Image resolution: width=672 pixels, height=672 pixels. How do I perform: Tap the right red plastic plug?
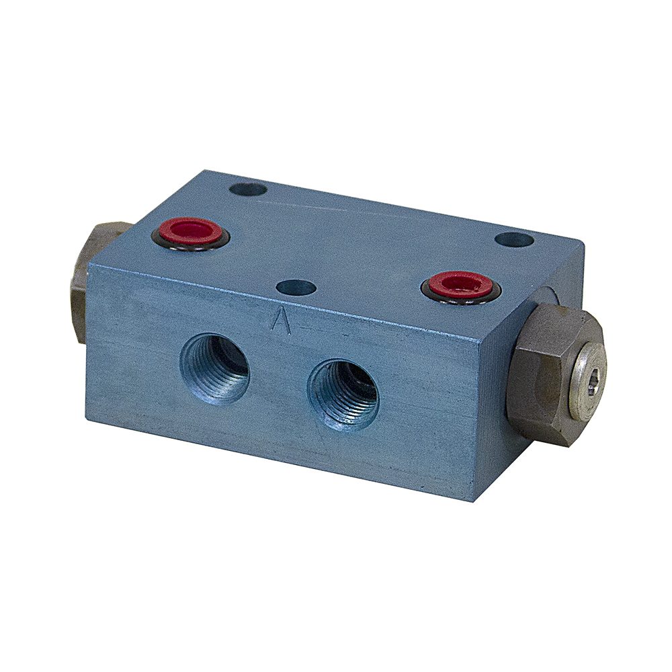460,284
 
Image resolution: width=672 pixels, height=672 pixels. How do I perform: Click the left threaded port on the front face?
214,368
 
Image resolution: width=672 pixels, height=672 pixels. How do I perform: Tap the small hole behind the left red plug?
248,190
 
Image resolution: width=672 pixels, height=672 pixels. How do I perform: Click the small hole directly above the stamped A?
296,288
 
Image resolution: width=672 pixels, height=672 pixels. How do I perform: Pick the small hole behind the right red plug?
514,239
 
